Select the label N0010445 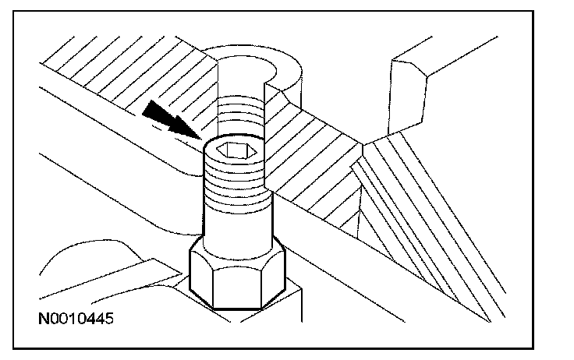coord(78,319)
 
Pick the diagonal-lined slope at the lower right coord(437,234)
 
